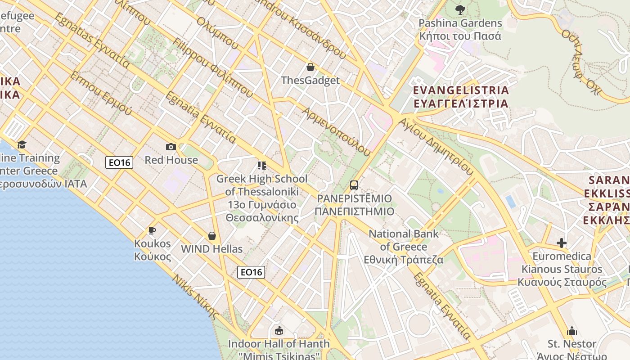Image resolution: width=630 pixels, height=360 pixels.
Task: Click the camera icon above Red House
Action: [x=171, y=147]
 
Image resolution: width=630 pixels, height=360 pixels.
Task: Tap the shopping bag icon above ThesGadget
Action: [x=310, y=67]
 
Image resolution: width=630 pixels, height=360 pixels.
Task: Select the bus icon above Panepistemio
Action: [x=354, y=185]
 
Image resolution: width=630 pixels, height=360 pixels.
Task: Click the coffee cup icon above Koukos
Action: [x=152, y=231]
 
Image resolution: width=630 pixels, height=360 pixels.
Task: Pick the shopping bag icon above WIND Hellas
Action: [x=212, y=236]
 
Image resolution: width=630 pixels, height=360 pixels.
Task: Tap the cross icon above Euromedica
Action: [x=562, y=243]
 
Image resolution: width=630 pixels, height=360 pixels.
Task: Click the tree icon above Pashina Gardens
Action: [x=460, y=9]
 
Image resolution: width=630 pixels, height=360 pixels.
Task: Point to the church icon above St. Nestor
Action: [x=572, y=331]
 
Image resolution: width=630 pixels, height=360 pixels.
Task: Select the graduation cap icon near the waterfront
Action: [x=22, y=144]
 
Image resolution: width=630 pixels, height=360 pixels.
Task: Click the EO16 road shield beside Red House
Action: [x=119, y=162]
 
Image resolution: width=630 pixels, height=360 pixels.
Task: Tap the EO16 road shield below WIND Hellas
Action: [x=251, y=272]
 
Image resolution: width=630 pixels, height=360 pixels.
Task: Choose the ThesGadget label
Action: [x=310, y=81]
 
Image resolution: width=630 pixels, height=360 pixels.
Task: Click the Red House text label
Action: [x=171, y=160]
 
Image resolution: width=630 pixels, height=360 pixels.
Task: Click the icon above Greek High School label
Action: [x=262, y=166]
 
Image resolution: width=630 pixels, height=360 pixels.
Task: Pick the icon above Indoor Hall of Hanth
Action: [x=279, y=331]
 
